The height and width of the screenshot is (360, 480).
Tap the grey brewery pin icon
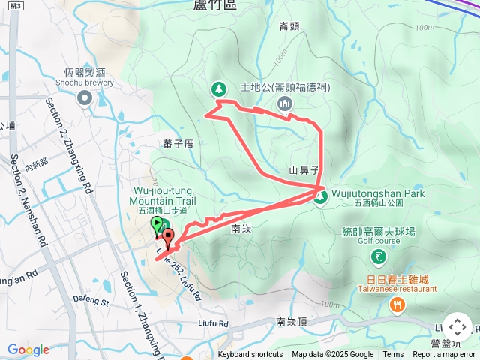(x=84, y=97)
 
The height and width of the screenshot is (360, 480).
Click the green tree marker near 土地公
(x=219, y=88)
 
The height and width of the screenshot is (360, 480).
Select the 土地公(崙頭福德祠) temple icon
(x=284, y=103)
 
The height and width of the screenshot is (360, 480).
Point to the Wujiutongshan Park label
(x=378, y=193)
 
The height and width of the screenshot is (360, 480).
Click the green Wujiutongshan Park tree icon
(x=321, y=197)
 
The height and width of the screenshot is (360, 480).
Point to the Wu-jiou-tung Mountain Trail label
(x=163, y=196)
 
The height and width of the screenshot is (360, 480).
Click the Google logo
(x=28, y=349)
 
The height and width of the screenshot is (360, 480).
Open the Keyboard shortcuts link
(x=250, y=355)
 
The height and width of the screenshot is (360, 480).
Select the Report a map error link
(x=444, y=355)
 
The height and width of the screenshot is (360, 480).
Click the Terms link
(x=393, y=355)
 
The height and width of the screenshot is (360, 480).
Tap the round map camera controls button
(x=457, y=328)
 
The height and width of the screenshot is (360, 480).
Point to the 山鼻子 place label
(x=305, y=170)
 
